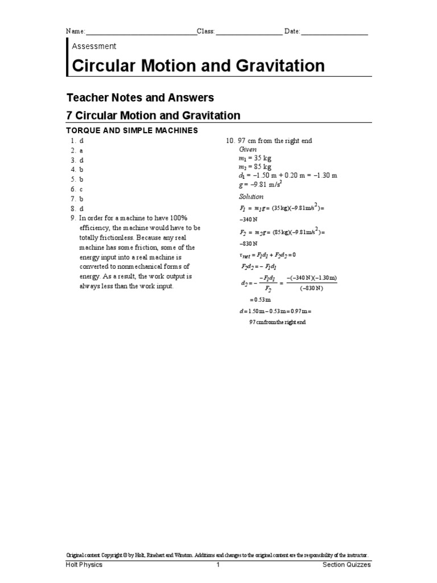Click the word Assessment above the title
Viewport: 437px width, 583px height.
coord(94,46)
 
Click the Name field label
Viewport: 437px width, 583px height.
coord(76,31)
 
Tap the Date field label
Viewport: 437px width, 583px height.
coord(292,31)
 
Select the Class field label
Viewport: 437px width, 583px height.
coord(206,31)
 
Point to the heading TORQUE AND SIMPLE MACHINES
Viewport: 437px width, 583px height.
coord(132,130)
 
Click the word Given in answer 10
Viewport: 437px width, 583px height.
coord(248,149)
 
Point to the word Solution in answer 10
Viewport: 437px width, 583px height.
coord(251,196)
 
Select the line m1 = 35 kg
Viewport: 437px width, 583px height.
coord(255,158)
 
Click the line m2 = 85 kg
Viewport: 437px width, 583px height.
coord(255,167)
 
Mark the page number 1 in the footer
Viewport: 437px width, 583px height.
coord(217,565)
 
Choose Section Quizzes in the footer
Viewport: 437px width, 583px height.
coord(347,565)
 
